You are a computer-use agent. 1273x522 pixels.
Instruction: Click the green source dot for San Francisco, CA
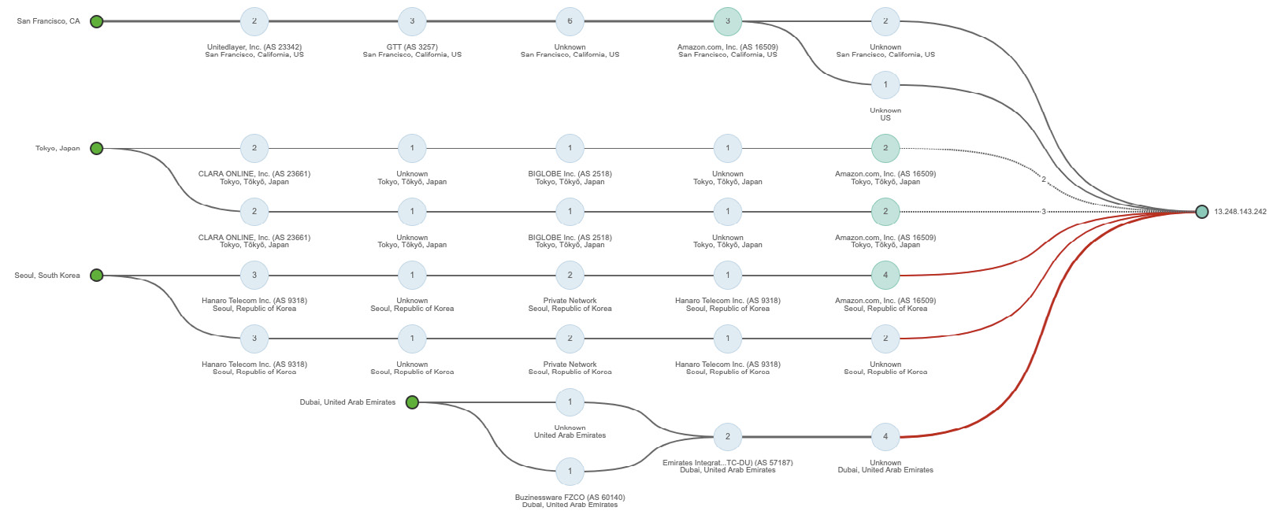[96, 21]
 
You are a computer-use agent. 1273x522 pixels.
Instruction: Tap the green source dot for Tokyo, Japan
[96, 148]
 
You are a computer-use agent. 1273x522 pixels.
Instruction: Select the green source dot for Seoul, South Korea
[96, 275]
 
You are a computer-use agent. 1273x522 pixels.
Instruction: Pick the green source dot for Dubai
[412, 402]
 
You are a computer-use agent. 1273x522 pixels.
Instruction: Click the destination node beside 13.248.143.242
[1201, 211]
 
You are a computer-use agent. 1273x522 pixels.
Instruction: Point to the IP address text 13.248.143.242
[1240, 212]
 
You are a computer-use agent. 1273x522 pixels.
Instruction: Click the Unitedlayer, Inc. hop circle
[254, 21]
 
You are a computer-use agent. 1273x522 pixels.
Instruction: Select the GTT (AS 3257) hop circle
[412, 21]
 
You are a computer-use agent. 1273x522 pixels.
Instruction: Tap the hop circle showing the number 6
[570, 21]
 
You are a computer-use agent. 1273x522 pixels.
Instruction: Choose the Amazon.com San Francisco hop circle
[727, 21]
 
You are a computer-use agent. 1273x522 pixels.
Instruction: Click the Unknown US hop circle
[885, 84]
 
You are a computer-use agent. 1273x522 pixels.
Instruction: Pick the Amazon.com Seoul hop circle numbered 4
[885, 275]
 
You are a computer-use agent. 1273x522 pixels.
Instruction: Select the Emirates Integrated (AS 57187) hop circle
[727, 436]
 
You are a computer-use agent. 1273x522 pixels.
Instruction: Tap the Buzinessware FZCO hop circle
[570, 472]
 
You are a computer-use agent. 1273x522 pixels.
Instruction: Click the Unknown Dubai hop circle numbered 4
[885, 436]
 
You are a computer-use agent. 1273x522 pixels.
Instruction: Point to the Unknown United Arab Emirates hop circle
[570, 402]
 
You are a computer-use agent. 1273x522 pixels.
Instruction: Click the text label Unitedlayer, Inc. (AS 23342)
[254, 47]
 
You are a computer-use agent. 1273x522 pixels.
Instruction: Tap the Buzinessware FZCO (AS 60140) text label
[570, 498]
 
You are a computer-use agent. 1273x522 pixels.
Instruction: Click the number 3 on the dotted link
[1044, 212]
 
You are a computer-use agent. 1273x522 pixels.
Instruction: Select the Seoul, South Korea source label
[47, 276]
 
